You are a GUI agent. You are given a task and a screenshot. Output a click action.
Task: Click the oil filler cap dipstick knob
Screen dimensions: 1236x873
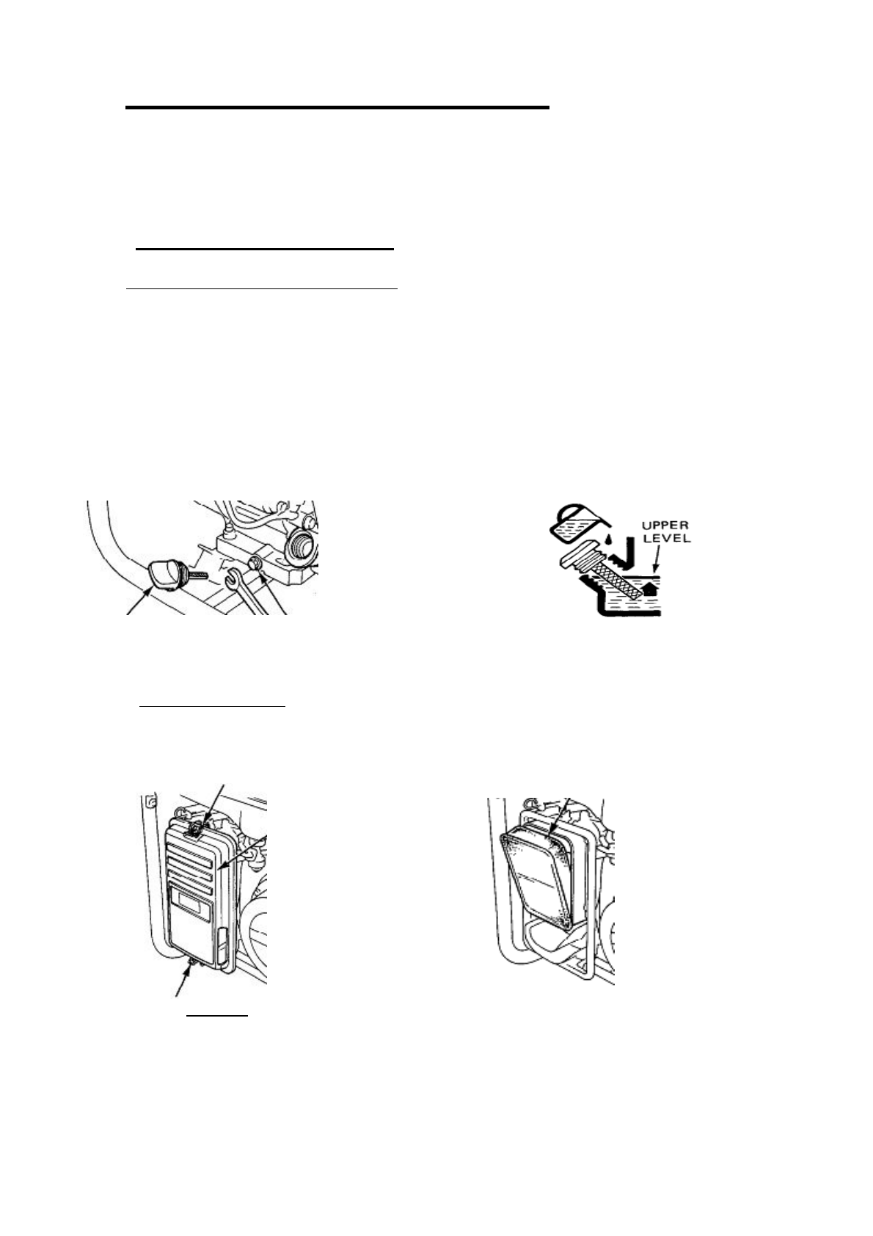click(164, 573)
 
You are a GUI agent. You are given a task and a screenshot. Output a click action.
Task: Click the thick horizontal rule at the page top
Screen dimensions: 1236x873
click(337, 108)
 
